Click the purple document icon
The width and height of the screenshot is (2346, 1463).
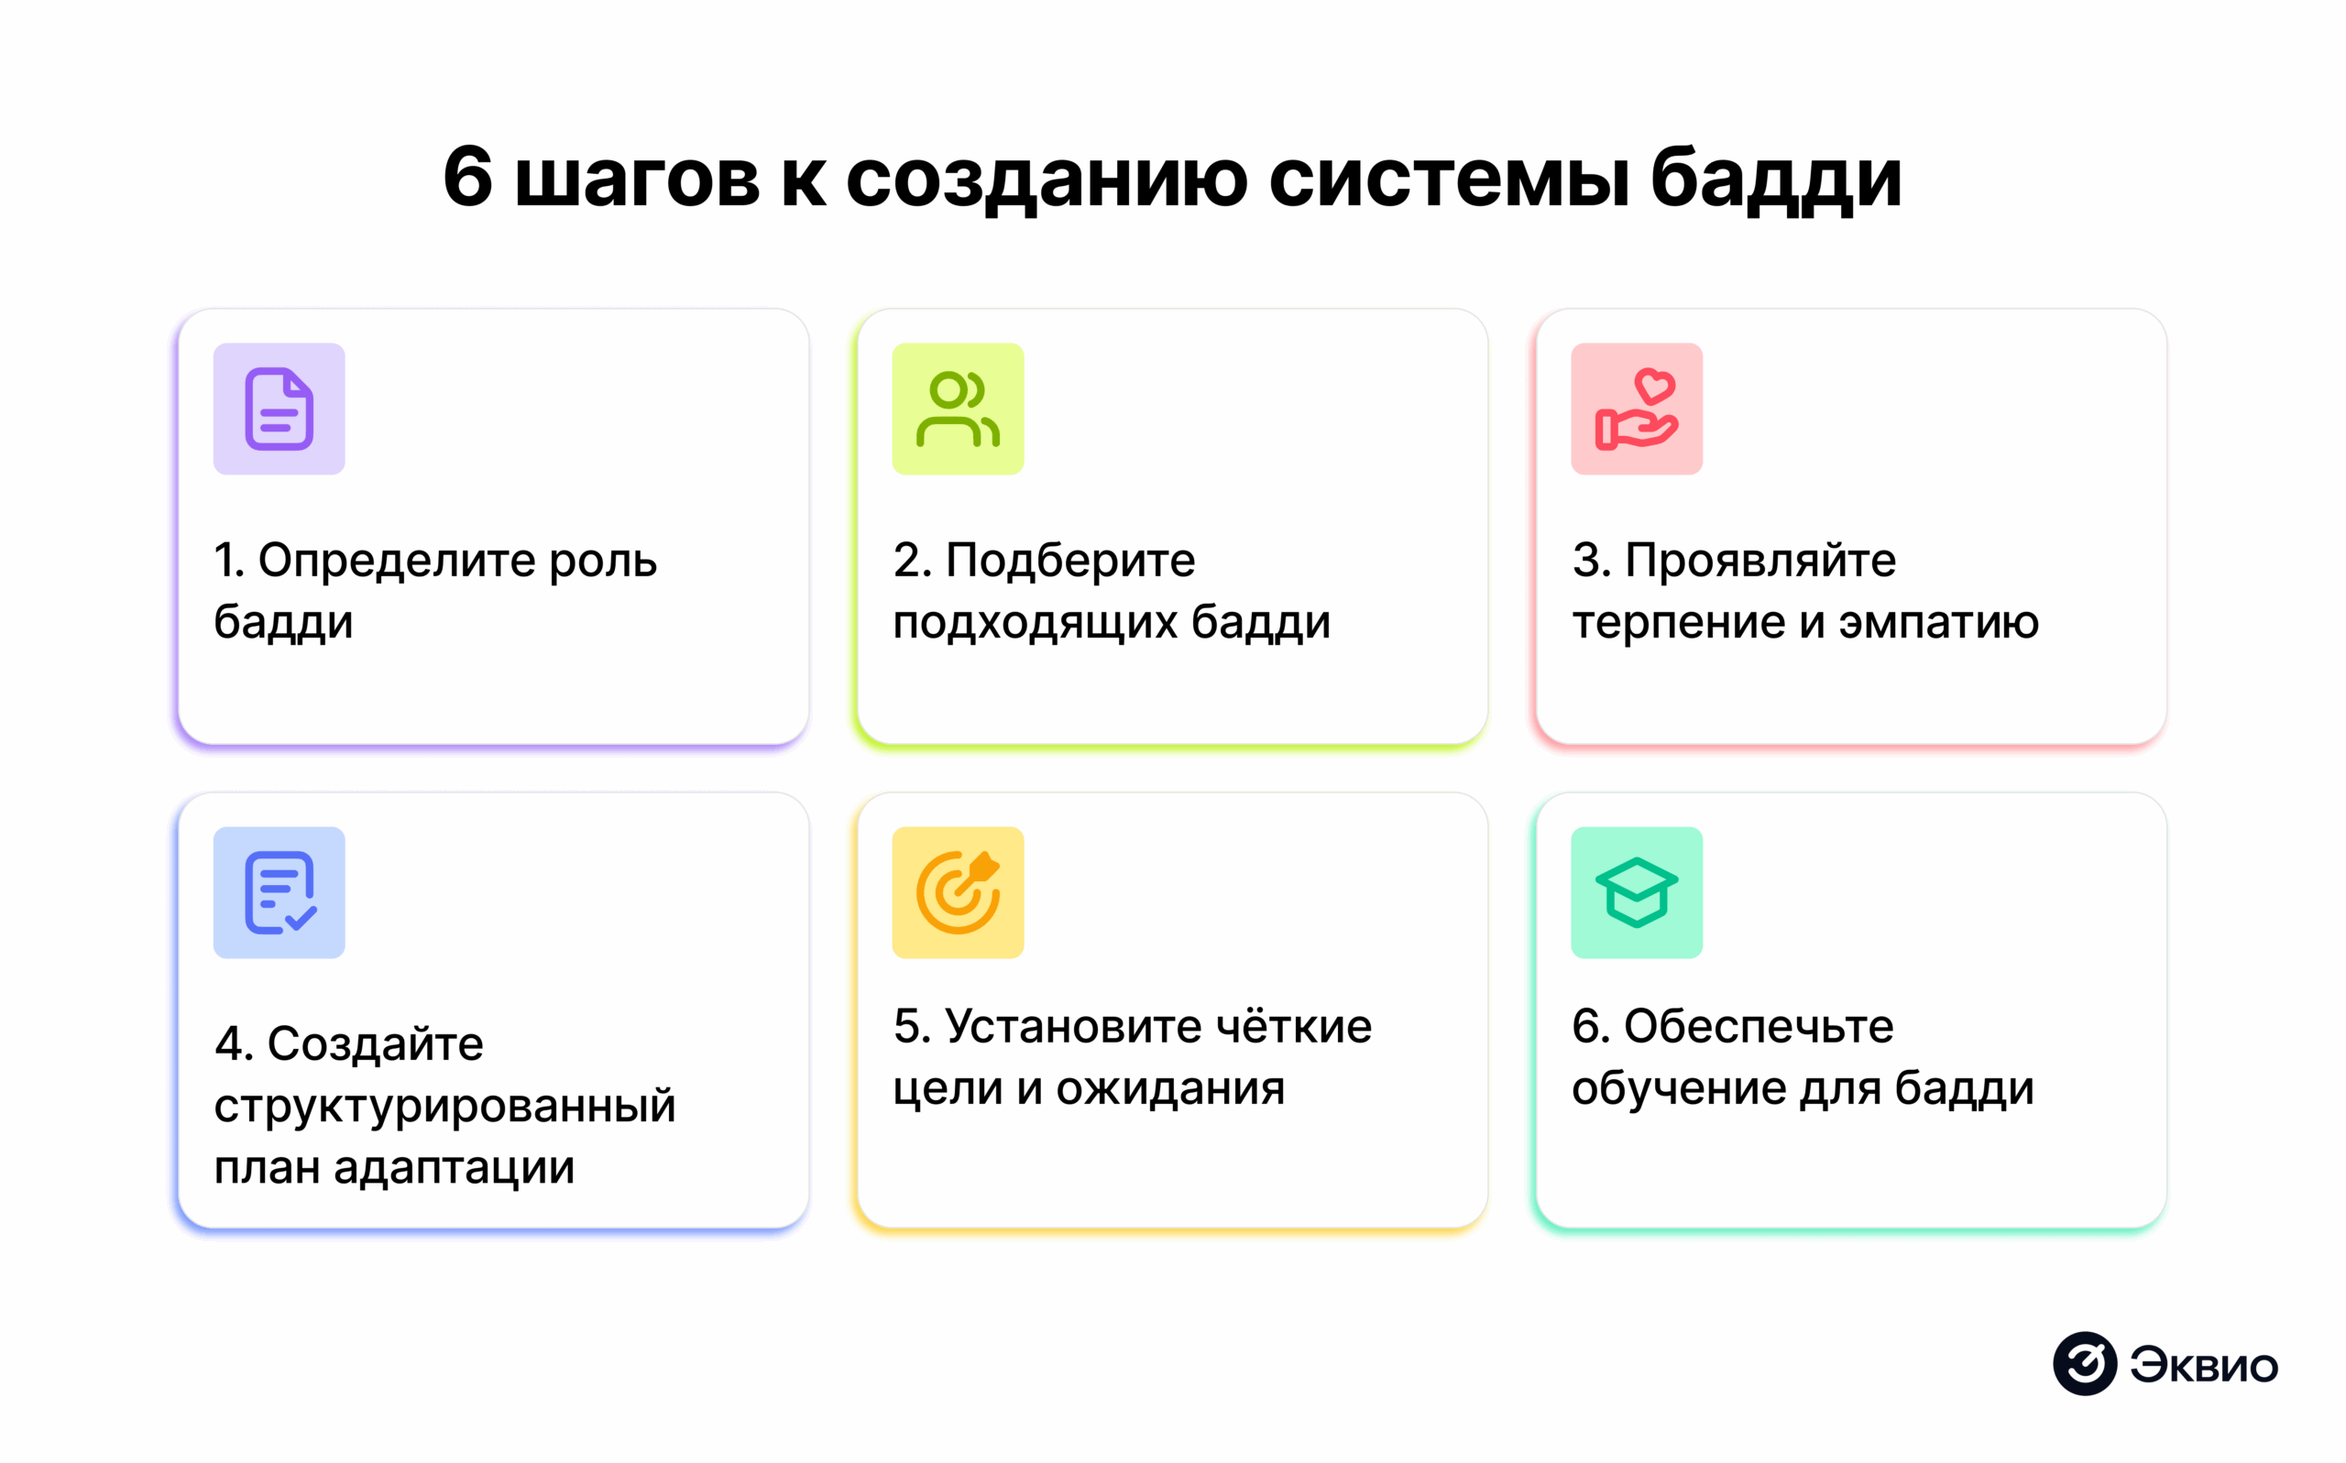point(279,409)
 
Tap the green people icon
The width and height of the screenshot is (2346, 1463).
point(957,409)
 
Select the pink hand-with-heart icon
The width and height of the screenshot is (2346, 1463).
point(1636,409)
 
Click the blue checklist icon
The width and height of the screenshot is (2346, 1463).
point(279,892)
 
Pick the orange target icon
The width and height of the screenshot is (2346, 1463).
point(957,892)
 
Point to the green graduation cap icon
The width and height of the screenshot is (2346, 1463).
point(1636,892)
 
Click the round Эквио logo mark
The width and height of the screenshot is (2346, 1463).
point(2084,1363)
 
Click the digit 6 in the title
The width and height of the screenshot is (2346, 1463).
point(467,177)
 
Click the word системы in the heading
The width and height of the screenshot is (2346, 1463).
point(1449,179)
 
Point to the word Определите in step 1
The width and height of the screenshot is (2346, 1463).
point(396,562)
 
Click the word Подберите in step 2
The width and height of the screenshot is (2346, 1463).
point(1069,562)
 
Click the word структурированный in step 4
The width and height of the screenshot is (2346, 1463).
point(444,1107)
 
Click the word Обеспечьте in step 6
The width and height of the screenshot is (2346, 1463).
point(1758,1026)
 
